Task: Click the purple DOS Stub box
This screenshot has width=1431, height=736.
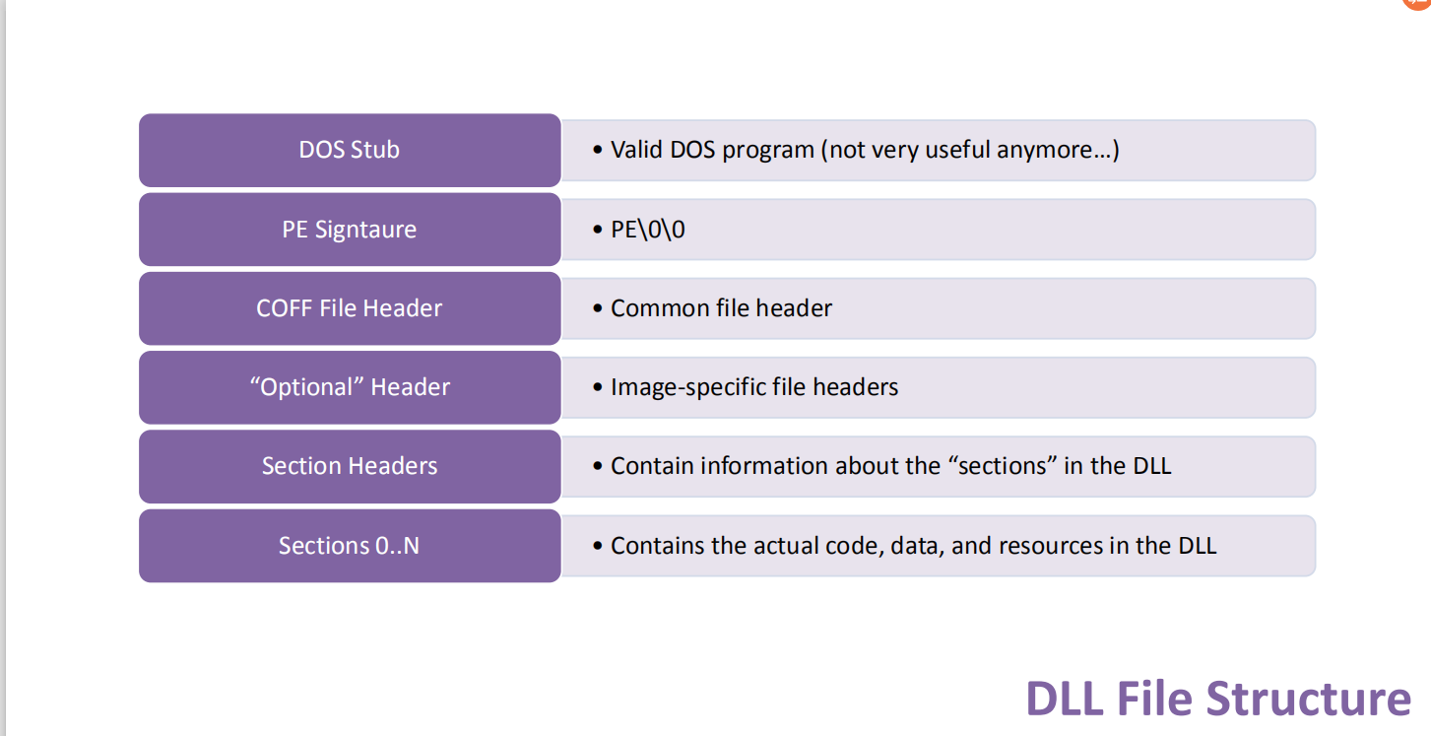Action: click(350, 150)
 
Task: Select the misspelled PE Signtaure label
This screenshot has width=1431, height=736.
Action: click(350, 230)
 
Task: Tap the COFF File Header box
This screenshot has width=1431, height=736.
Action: click(350, 308)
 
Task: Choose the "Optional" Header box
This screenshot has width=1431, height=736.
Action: click(350, 387)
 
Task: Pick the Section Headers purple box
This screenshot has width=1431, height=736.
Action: click(350, 466)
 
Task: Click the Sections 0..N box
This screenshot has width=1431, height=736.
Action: click(350, 545)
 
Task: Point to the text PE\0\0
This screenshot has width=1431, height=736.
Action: click(647, 230)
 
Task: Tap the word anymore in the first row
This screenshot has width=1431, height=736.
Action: click(1051, 150)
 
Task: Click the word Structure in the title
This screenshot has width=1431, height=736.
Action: click(1308, 699)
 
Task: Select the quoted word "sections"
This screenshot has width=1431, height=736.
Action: click(1002, 466)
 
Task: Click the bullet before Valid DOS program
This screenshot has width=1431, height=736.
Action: click(597, 150)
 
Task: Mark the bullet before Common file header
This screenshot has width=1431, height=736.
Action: click(597, 308)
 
